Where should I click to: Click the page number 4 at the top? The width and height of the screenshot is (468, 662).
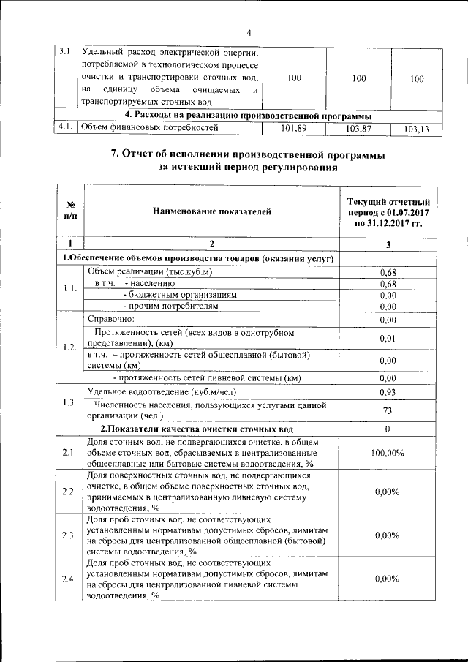pos(249,32)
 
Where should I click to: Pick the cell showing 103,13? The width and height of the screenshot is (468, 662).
pos(416,129)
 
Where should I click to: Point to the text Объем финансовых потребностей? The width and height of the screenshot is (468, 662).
pos(151,129)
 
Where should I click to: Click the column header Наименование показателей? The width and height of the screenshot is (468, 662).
pos(212,211)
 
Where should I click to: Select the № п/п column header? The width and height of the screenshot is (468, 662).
pos(70,211)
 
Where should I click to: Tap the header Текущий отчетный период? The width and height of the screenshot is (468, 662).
pos(388,211)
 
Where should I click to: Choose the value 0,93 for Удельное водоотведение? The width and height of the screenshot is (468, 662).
pos(388,392)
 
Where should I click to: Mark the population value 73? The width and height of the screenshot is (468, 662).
pos(388,410)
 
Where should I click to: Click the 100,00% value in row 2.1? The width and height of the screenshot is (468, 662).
pos(388,454)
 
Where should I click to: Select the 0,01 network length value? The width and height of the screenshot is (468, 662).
pos(388,338)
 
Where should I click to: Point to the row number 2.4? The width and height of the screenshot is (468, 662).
pos(69,579)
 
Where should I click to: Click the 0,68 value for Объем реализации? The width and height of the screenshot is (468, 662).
pos(388,272)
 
